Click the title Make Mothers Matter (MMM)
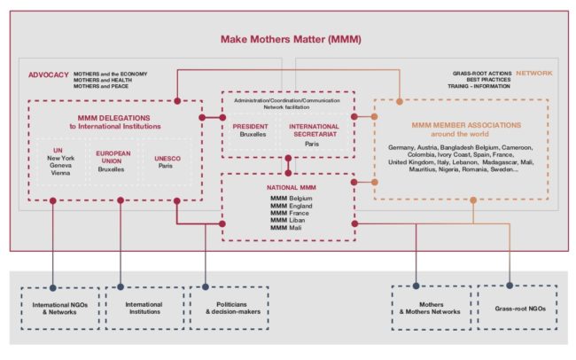click(291, 40)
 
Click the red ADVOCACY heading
click(49, 75)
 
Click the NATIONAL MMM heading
click(290, 188)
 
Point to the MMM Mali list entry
click(288, 228)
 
